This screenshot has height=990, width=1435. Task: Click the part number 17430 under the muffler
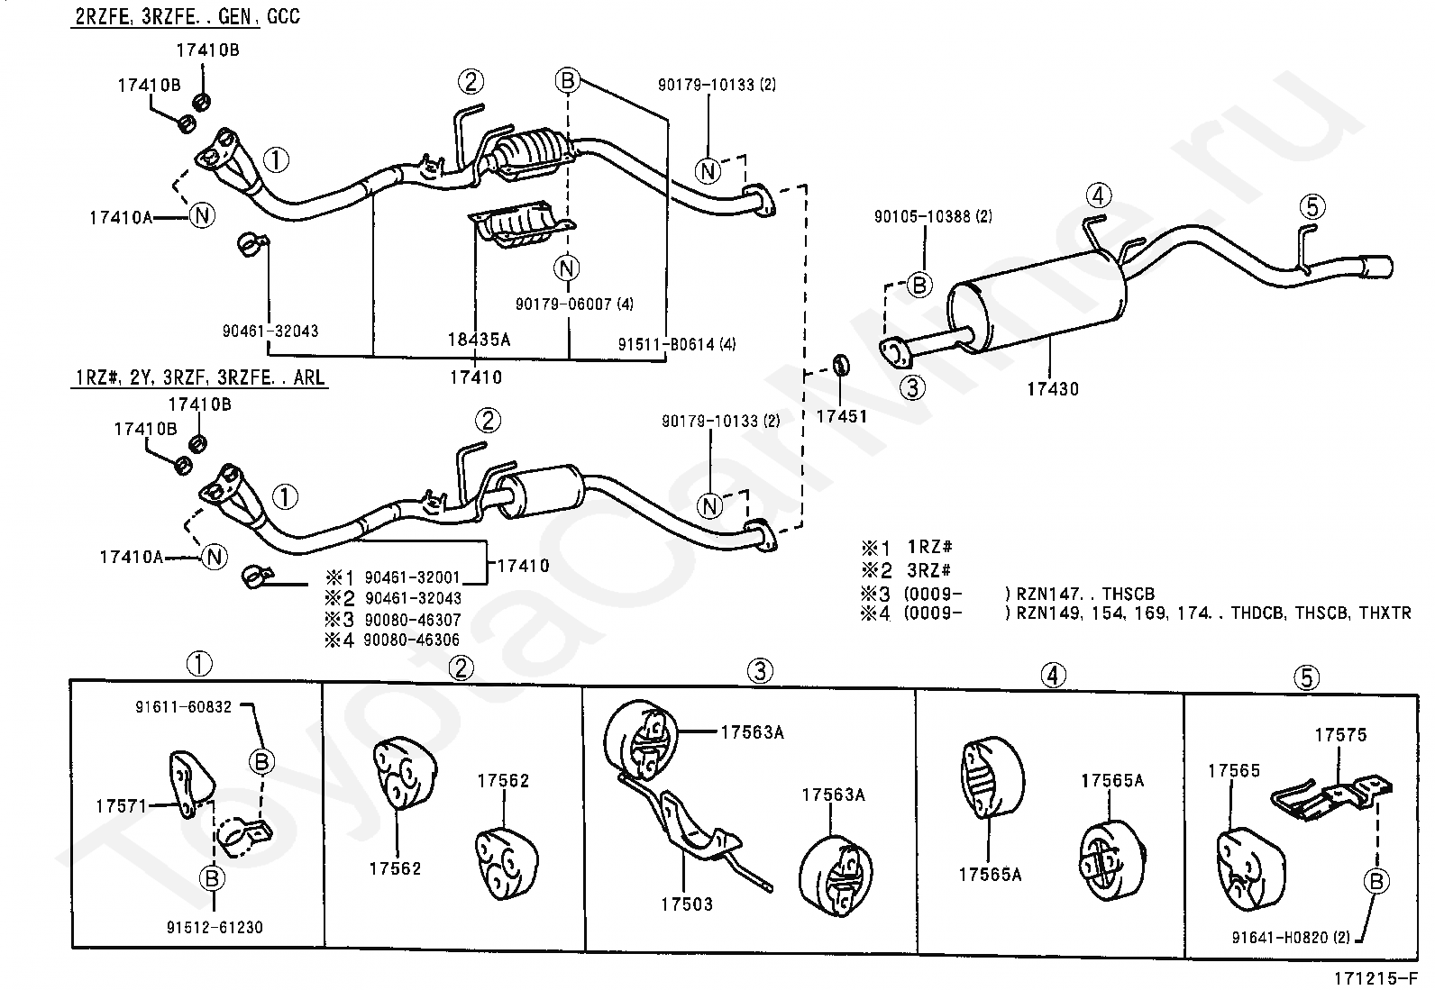click(x=1052, y=389)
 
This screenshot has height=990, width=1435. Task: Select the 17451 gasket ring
click(x=839, y=365)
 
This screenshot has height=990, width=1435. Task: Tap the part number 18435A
click(x=479, y=340)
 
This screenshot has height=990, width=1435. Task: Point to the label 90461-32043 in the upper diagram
click(x=270, y=331)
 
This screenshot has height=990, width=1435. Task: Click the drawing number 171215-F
click(x=1378, y=977)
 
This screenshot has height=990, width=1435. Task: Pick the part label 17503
click(x=686, y=904)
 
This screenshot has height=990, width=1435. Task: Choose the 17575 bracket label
click(x=1339, y=734)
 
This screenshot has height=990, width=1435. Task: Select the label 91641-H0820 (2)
click(x=1291, y=937)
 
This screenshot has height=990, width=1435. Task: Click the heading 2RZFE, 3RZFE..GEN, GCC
click(x=187, y=16)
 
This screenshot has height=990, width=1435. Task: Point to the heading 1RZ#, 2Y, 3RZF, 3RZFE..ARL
click(x=199, y=377)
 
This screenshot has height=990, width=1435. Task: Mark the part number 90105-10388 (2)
click(x=933, y=216)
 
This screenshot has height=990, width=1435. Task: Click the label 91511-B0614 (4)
click(x=677, y=344)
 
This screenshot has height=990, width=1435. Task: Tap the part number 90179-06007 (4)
click(x=574, y=304)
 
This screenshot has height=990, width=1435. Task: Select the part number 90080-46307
click(x=412, y=620)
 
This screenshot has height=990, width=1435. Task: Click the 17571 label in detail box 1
click(x=121, y=805)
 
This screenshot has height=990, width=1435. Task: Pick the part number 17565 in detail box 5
click(x=1234, y=770)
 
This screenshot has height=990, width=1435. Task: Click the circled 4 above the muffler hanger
click(x=1098, y=195)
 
